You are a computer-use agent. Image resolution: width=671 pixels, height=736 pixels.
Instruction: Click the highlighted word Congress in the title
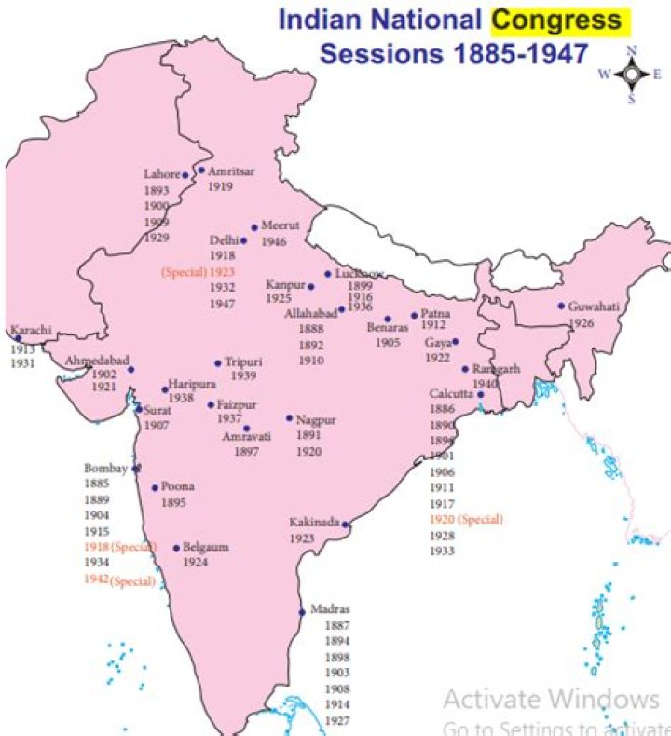(556, 20)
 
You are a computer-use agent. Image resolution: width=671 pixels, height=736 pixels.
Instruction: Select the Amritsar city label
(231, 171)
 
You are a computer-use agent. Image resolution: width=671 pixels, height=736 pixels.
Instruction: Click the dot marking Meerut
(253, 226)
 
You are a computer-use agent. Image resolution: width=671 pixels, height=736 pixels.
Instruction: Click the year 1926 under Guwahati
(582, 322)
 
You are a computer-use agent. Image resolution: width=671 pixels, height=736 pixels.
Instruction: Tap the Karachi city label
(31, 330)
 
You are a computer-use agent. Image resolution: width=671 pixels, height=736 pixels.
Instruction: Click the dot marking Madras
(301, 612)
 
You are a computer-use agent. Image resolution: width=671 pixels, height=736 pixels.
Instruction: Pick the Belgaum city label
(205, 548)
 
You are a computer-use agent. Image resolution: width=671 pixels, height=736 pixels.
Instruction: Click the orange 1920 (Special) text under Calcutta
(465, 519)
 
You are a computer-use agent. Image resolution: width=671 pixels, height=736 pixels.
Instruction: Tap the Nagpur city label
(315, 419)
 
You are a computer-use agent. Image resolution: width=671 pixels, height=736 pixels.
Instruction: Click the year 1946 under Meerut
(273, 242)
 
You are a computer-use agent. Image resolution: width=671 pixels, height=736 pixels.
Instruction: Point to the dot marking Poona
(155, 487)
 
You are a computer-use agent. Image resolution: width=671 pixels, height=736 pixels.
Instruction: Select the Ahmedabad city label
(97, 361)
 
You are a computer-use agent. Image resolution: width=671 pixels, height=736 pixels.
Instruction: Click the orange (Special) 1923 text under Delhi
(199, 271)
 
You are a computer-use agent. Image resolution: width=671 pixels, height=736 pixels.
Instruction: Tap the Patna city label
(435, 314)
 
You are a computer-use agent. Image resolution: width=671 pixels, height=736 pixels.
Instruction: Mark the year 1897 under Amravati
(246, 451)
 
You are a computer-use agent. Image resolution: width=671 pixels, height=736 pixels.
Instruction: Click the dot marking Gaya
(455, 342)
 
